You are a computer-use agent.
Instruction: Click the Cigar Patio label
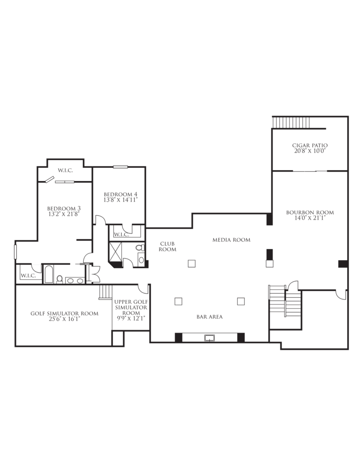pyautogui.click(x=310, y=145)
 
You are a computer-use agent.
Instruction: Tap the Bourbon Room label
pyautogui.click(x=310, y=213)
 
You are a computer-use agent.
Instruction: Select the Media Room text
pyautogui.click(x=231, y=239)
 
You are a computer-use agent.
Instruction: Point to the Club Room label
pyautogui.click(x=167, y=247)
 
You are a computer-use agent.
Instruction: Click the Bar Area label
pyautogui.click(x=209, y=317)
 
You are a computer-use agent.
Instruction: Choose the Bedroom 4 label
pyautogui.click(x=121, y=194)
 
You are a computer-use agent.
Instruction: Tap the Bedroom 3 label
pyautogui.click(x=64, y=208)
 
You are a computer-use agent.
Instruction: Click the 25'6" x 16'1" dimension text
pyautogui.click(x=65, y=319)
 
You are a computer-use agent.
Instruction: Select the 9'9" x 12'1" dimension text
pyautogui.click(x=131, y=318)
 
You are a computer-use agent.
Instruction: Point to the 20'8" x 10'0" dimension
pyautogui.click(x=310, y=151)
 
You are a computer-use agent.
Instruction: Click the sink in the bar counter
pyautogui.click(x=209, y=338)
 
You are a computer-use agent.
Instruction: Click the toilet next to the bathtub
pyautogui.click(x=60, y=279)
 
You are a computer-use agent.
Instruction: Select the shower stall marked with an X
pyautogui.click(x=116, y=252)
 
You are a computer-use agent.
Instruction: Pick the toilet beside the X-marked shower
pyautogui.click(x=140, y=247)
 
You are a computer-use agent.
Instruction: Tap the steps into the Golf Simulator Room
pyautogui.click(x=106, y=292)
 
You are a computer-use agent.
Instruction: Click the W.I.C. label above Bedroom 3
pyautogui.click(x=66, y=171)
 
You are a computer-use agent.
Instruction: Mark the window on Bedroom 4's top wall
pyautogui.click(x=121, y=167)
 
